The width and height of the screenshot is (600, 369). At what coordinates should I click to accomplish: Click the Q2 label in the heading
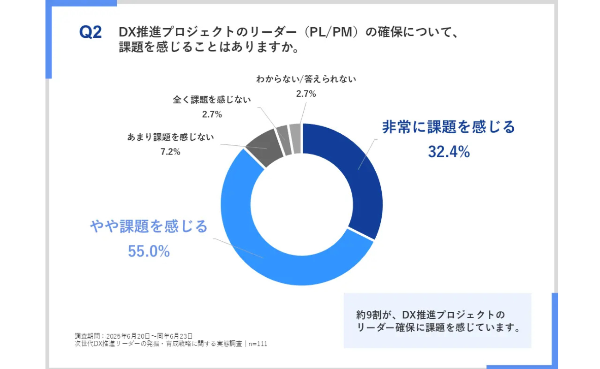point(90,33)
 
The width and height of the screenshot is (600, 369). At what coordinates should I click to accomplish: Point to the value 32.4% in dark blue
point(449,151)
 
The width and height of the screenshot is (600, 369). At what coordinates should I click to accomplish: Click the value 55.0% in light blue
point(149,251)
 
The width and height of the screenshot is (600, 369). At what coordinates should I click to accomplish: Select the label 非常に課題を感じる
point(448,127)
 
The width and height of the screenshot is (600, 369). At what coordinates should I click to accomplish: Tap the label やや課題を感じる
point(149,226)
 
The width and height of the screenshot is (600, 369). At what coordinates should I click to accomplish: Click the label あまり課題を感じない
point(170,137)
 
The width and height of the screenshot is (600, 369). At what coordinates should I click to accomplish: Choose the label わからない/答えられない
point(306,79)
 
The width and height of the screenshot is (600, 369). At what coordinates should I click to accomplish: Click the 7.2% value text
point(170,152)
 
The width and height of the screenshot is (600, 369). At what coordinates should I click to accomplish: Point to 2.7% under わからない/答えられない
point(306,94)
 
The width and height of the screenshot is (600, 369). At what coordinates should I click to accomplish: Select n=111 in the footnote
point(258,344)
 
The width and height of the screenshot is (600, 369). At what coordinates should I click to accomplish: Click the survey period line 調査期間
point(133,336)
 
